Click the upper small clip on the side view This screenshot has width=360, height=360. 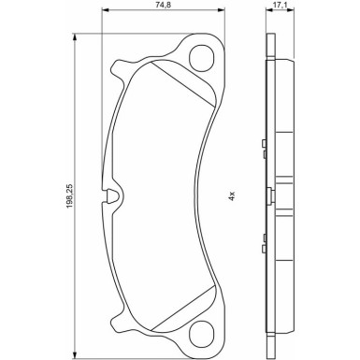pyautogui.click(x=265, y=143)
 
